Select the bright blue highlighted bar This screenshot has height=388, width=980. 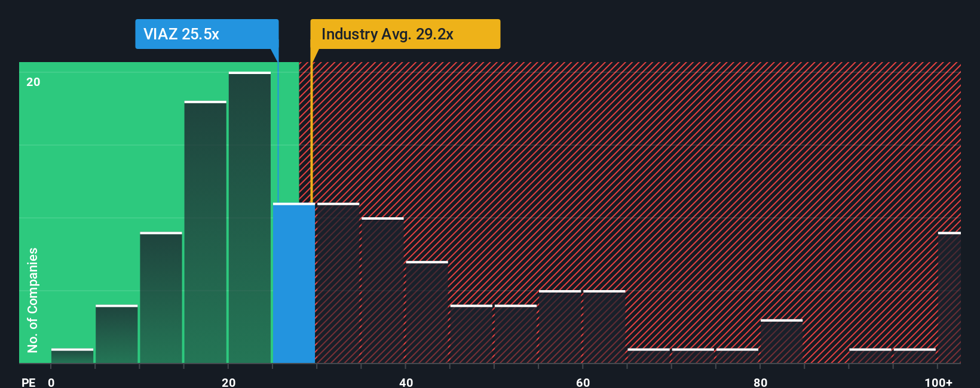coord(293,284)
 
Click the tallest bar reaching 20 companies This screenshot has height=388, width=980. coord(249,218)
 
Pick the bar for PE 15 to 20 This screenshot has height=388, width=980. coord(205,233)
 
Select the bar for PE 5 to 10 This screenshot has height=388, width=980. coord(117,334)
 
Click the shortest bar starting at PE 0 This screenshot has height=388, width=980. coord(72,356)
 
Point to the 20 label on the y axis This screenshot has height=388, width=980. coord(33,82)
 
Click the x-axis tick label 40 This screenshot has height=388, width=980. coord(406,382)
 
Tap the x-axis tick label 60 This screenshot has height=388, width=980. coord(583,382)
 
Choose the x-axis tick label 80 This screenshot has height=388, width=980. coord(760,382)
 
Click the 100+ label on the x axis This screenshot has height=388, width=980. coord(938,382)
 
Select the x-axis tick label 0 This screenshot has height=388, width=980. coord(51,382)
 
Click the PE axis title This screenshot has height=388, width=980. coord(29,382)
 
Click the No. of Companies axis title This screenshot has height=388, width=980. coord(33,300)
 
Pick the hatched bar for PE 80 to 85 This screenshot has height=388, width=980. coord(781,342)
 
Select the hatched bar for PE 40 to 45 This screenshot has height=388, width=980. coord(427,312)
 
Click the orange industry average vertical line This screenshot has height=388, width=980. coord(311,131)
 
